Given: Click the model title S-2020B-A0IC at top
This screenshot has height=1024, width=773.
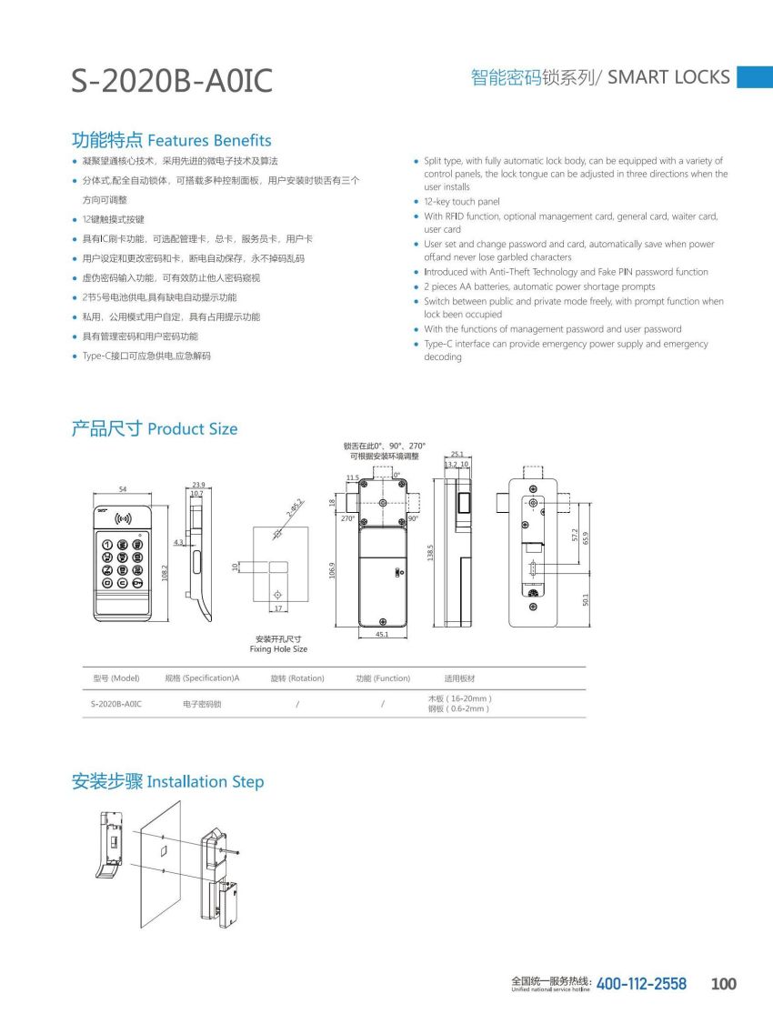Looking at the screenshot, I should [172, 81].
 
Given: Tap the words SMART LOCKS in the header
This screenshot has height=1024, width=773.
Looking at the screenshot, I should [668, 77].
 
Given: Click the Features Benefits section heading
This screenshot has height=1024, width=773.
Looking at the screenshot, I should [209, 140].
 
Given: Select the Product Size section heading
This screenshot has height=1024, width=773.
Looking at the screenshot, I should [192, 428].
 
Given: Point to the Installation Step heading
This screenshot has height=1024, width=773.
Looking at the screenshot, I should [206, 781].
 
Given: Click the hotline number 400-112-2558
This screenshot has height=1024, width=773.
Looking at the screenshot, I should [641, 984].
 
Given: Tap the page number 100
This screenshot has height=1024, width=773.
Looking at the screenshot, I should [723, 984].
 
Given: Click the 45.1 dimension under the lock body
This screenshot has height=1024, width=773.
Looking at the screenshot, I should [383, 635].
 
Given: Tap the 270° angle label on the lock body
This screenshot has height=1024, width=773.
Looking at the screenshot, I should [347, 518].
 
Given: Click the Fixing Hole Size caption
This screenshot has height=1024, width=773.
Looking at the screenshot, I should [278, 649].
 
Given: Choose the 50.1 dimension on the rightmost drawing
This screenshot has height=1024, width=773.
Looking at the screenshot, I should [587, 599].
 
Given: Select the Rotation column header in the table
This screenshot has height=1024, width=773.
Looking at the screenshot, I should [297, 678].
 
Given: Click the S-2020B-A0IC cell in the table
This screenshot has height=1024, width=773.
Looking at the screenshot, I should [116, 704].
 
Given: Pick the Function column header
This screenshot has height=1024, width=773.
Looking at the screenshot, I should [383, 678].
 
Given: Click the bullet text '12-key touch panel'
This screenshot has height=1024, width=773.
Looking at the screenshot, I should [462, 202].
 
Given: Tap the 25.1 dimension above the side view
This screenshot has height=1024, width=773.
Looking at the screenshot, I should [457, 454].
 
